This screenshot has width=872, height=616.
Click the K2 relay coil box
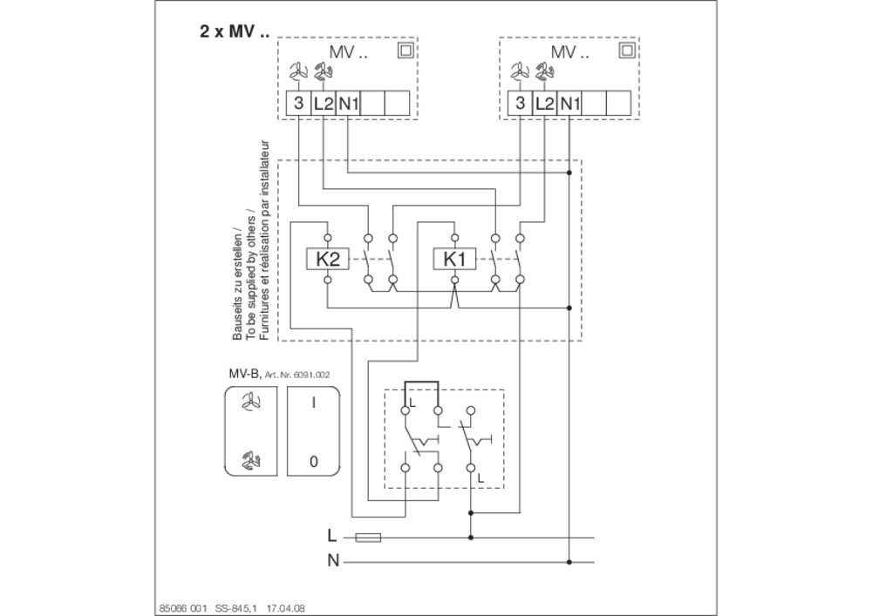click(x=328, y=260)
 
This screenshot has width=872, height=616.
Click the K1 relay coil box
click(x=454, y=260)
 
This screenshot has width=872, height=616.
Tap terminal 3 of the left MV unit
click(x=298, y=103)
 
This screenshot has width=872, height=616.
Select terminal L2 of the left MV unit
click(x=324, y=103)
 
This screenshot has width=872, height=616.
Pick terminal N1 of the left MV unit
click(x=348, y=103)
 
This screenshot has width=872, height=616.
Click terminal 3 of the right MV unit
click(x=520, y=103)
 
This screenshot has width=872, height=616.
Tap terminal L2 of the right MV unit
click(x=544, y=103)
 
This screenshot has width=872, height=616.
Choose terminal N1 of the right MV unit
click(x=569, y=103)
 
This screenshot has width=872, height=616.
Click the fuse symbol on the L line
click(x=368, y=537)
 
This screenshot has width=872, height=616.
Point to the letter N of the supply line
click(x=333, y=561)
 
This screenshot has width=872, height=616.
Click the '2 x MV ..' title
click(x=234, y=31)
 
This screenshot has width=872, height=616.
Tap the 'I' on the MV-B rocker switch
click(x=314, y=403)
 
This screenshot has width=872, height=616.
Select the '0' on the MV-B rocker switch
click(x=314, y=461)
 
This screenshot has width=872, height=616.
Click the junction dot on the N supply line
click(x=569, y=562)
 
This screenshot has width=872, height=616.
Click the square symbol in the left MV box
click(x=405, y=51)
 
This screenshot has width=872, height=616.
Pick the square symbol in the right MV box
click(x=627, y=51)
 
